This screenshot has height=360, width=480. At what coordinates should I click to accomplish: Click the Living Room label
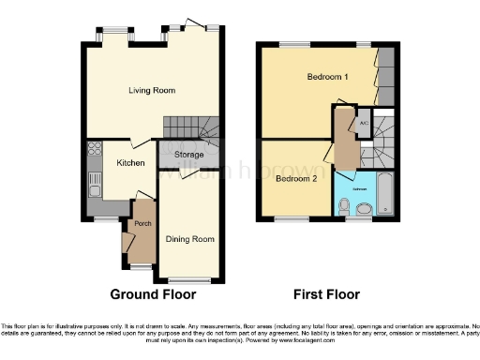click(152, 90)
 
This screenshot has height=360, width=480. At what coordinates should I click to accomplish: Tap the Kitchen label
click(129, 162)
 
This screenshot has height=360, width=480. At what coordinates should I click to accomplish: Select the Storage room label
click(188, 154)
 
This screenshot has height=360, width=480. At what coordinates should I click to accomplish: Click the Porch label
click(142, 223)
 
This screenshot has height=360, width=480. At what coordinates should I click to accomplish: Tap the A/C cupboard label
click(363, 123)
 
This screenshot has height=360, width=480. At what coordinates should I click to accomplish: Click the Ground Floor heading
click(153, 293)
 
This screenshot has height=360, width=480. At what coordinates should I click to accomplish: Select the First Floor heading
click(328, 293)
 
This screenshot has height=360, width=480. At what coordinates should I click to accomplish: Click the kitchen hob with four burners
click(93, 150)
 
